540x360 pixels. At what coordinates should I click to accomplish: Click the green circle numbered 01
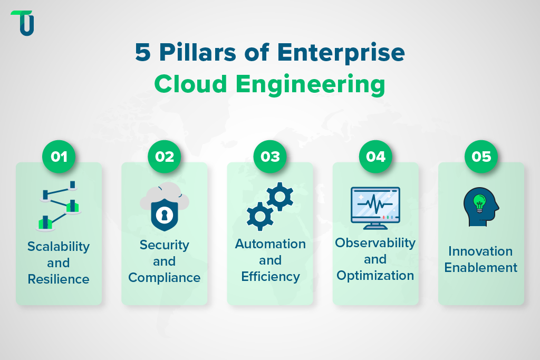(59, 157)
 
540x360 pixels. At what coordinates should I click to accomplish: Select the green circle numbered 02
(165, 157)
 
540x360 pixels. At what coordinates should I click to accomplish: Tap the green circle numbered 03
(270, 157)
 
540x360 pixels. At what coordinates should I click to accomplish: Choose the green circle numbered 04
(375, 157)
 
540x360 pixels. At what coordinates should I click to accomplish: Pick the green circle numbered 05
(481, 157)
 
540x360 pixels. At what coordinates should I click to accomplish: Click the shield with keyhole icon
(164, 213)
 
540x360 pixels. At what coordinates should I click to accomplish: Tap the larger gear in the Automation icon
(279, 196)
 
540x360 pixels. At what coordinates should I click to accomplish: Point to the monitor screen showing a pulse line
(375, 205)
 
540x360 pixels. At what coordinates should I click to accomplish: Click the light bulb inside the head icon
(479, 201)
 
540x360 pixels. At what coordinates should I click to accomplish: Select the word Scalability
(59, 247)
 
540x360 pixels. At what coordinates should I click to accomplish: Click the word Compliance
(164, 277)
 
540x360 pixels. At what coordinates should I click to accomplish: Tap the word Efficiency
(270, 276)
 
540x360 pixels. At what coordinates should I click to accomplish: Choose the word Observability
(375, 243)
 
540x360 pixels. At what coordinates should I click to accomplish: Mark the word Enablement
(481, 267)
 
